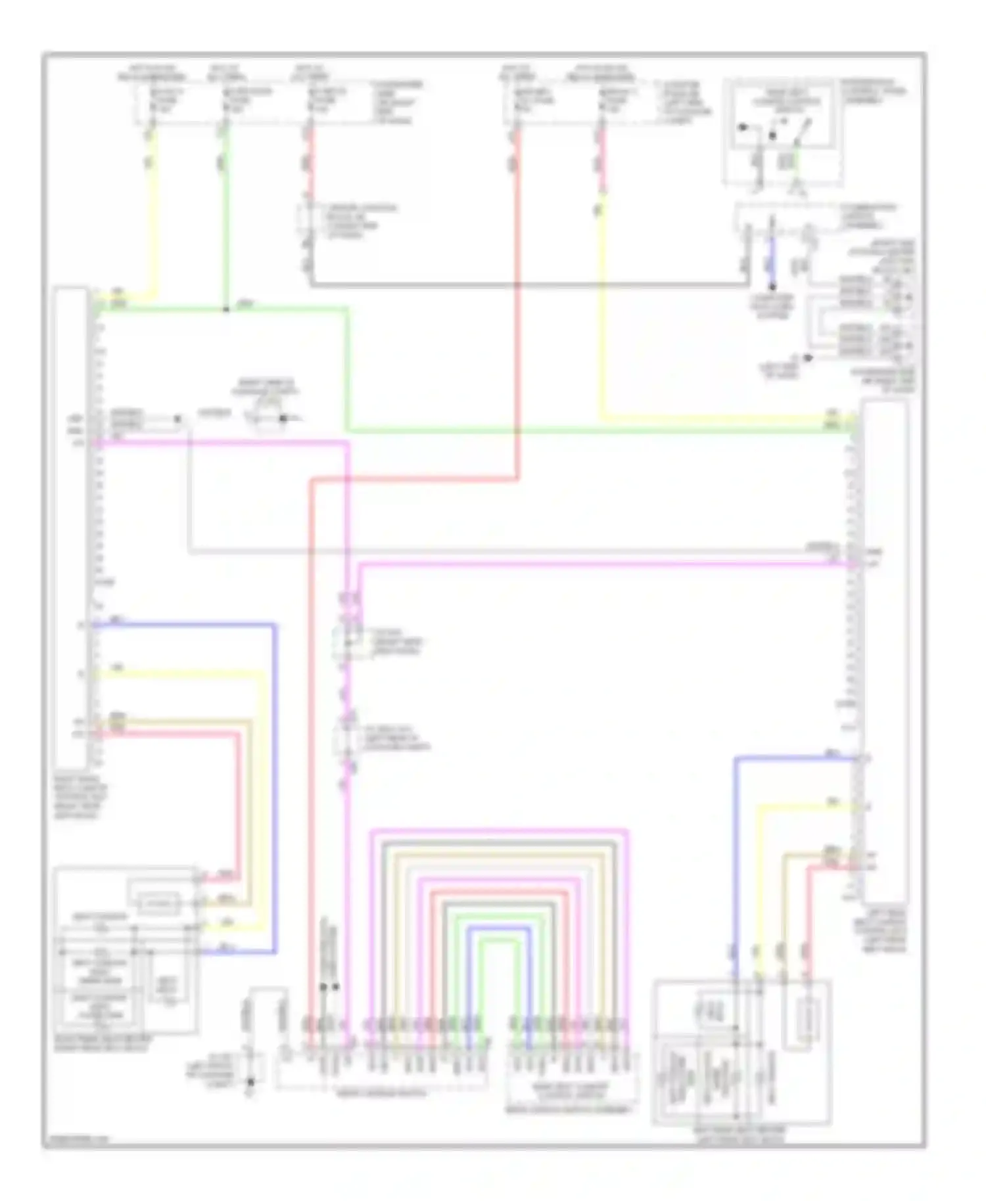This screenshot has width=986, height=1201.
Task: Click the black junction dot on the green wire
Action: coord(225,309)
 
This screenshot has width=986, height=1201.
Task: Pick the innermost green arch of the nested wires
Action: coord(499,941)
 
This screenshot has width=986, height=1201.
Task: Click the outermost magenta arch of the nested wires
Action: coord(499,832)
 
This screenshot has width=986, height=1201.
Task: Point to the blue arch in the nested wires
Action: coord(499,928)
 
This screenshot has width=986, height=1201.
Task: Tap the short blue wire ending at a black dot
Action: coord(772,263)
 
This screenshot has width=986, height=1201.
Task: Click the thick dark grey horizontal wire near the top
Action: coord(526,284)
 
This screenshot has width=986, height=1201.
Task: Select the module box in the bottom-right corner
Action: coord(741,1051)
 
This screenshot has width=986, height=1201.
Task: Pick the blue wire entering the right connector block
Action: coord(789,759)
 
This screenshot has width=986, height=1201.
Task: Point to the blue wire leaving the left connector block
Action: coord(184,625)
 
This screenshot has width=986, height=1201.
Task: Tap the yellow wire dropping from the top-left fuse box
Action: coord(153,210)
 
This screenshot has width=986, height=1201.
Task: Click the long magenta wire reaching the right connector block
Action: coord(592,563)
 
